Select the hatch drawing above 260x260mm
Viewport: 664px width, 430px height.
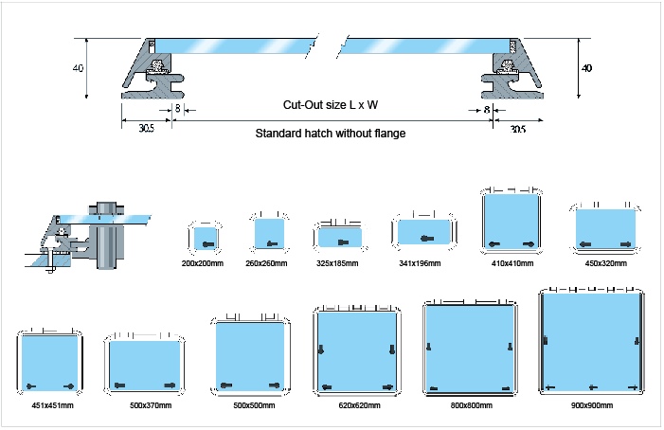pyautogui.click(x=268, y=231)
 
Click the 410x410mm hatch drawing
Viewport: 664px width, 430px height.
pyautogui.click(x=511, y=222)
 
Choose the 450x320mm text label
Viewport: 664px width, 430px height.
pyautogui.click(x=606, y=262)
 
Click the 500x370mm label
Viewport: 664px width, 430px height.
pyautogui.click(x=144, y=405)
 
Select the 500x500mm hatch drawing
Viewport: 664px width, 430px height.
pyautogui.click(x=248, y=354)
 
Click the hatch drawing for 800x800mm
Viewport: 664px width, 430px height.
pyautogui.click(x=471, y=349)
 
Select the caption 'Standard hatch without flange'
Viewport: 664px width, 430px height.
pyautogui.click(x=331, y=134)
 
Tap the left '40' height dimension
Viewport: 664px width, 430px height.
pyautogui.click(x=77, y=68)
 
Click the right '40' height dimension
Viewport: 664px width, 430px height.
pyautogui.click(x=587, y=68)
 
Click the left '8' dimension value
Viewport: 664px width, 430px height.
pyautogui.click(x=177, y=110)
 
